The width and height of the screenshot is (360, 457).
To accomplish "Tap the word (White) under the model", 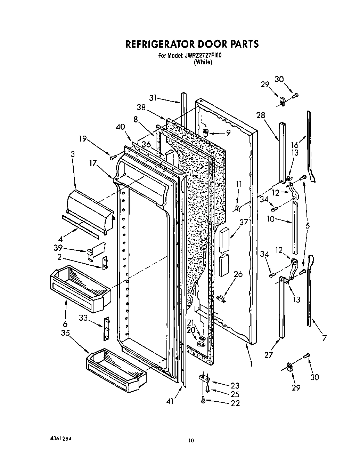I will (203, 62).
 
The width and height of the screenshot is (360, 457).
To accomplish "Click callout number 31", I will (153, 98).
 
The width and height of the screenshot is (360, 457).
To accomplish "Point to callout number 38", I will (141, 107).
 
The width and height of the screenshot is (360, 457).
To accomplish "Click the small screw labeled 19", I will (112, 158).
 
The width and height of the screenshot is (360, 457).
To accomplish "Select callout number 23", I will (235, 385).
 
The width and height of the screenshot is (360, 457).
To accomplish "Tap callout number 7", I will (324, 338).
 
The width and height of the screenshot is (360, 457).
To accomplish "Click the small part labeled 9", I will (206, 132).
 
